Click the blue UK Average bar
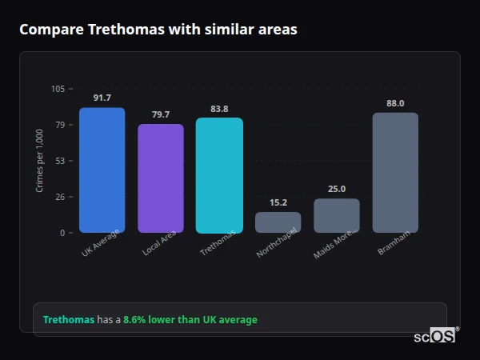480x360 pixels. pyautogui.click(x=102, y=170)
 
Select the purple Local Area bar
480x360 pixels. pyautogui.click(x=160, y=178)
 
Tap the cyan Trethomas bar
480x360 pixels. pyautogui.click(x=219, y=175)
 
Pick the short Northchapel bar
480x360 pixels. pyautogui.click(x=278, y=222)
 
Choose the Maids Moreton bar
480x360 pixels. pyautogui.click(x=337, y=215)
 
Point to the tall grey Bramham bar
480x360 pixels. pyautogui.click(x=395, y=172)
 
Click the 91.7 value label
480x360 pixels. pyautogui.click(x=102, y=98)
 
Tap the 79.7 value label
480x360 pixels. pyautogui.click(x=160, y=114)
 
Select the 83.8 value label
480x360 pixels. pyautogui.click(x=219, y=109)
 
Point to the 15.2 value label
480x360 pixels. pyautogui.click(x=278, y=202)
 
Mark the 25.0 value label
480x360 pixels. pyautogui.click(x=337, y=189)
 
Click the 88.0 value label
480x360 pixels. pyautogui.click(x=395, y=103)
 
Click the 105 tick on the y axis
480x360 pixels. pyautogui.click(x=58, y=89)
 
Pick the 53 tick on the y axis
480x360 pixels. pyautogui.click(x=60, y=161)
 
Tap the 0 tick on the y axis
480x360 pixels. pyautogui.click(x=62, y=233)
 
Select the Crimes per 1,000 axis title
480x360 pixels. pyautogui.click(x=40, y=160)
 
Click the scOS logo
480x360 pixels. pyautogui.click(x=435, y=337)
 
